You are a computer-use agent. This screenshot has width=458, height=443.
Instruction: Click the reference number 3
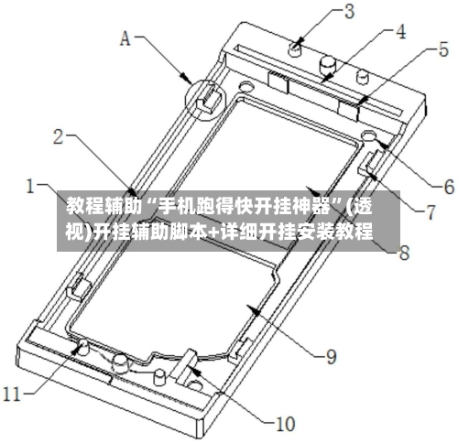[348, 12]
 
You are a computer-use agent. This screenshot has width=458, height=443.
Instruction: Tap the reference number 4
[400, 31]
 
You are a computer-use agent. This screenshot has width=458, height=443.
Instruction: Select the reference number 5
[443, 49]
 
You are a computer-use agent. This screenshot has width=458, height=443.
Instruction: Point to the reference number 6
[449, 187]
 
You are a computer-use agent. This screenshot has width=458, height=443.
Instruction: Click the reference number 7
[431, 212]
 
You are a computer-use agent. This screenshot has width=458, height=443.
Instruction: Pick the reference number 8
[404, 253]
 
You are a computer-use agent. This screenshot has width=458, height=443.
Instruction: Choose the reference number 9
[331, 356]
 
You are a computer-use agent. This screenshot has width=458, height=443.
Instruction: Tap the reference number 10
[285, 424]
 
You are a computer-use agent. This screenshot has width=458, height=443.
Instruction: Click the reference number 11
[12, 394]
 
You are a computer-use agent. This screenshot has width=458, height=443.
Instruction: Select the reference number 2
[59, 136]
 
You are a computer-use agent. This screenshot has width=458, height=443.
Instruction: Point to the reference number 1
[30, 186]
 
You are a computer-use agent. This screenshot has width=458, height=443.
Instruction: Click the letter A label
[125, 38]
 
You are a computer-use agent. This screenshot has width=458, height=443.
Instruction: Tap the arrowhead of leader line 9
[255, 310]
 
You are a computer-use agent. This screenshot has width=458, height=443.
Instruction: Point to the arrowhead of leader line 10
[194, 370]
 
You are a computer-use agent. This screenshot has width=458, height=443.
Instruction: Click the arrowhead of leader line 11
[76, 347]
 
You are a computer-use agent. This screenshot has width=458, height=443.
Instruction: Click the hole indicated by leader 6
[368, 135]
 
